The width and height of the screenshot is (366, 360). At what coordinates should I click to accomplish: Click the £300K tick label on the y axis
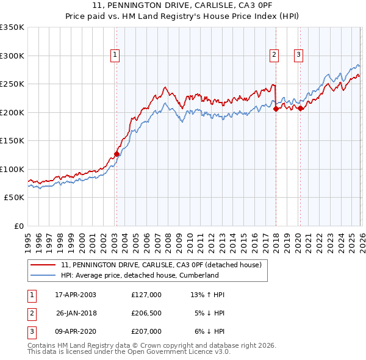[12, 56]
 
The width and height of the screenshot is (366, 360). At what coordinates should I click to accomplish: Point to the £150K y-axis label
[12, 140]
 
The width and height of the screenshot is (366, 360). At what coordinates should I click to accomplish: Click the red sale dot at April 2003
[117, 154]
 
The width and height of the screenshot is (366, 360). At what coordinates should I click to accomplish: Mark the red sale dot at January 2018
[276, 109]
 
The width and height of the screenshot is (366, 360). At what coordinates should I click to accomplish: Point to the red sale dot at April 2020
[300, 109]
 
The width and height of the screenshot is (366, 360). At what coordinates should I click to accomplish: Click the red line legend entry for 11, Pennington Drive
[161, 265]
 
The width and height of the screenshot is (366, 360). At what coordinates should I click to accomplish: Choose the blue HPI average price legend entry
[140, 275]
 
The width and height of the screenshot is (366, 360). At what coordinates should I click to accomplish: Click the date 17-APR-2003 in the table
[76, 295]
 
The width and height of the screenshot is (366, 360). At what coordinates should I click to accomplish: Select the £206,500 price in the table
[146, 313]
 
